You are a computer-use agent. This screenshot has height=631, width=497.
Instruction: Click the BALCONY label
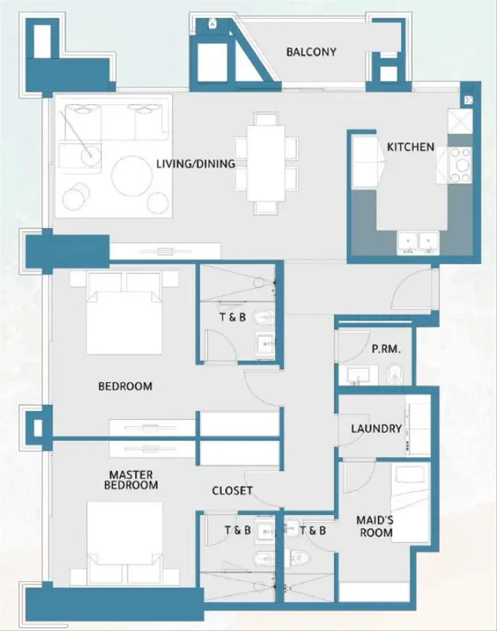tap(311, 52)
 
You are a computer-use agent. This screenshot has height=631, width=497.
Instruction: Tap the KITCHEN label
tap(411, 147)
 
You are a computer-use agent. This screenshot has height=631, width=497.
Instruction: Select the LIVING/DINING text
tap(196, 163)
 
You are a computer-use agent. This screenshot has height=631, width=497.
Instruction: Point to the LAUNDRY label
tap(376, 429)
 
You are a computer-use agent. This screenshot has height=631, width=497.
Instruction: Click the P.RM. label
tap(386, 349)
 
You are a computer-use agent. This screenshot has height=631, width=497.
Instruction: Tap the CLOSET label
tap(232, 490)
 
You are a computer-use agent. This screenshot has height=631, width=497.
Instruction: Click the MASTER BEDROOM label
tap(131, 480)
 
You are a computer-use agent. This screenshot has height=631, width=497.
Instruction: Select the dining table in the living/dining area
tap(266, 163)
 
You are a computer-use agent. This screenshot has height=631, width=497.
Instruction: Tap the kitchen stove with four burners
tap(461, 165)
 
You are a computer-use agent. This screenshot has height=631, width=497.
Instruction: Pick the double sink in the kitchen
tap(418, 243)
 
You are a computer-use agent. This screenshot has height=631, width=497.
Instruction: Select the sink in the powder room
tap(358, 375)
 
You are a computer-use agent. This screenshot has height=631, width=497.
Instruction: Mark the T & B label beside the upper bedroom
tap(233, 317)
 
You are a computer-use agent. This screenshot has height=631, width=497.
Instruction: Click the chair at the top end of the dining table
tap(266, 119)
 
